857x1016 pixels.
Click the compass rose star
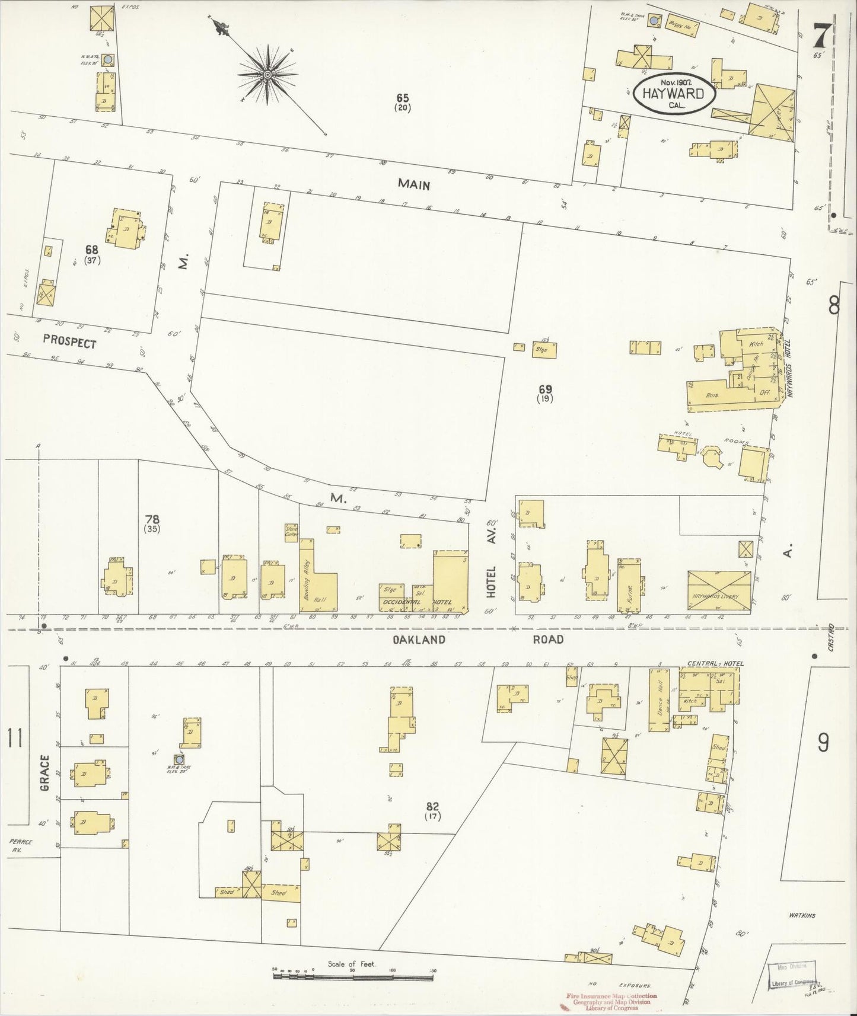click(267, 74)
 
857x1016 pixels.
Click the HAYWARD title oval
click(674, 94)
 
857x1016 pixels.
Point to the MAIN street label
click(413, 185)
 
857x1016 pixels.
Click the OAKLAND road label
click(419, 640)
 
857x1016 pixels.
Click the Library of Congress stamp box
click(795, 975)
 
